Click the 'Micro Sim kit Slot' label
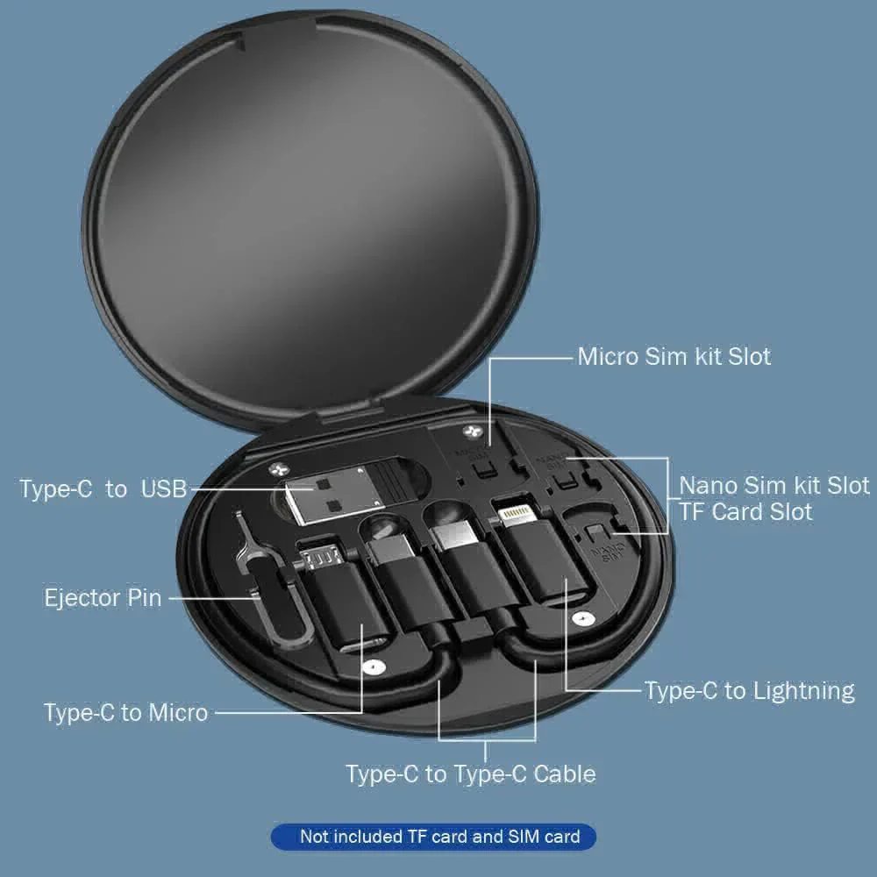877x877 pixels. click(674, 357)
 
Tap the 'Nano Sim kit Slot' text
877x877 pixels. click(774, 485)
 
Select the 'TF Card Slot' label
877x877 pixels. click(745, 511)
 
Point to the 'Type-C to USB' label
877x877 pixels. click(103, 488)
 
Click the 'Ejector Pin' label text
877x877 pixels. click(103, 598)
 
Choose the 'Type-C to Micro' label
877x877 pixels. click(125, 712)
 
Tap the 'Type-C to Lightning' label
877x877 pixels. click(749, 691)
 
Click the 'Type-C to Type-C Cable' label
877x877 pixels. click(470, 774)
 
